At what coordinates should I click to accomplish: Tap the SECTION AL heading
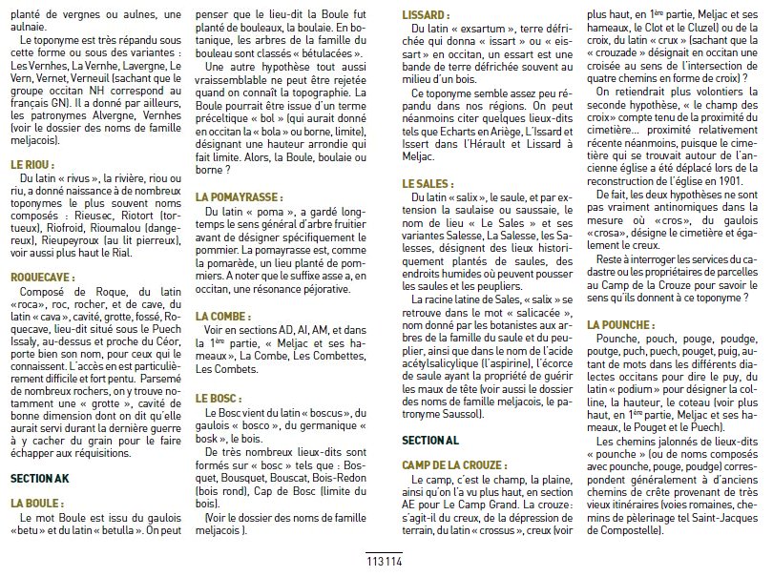coord(430,441)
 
